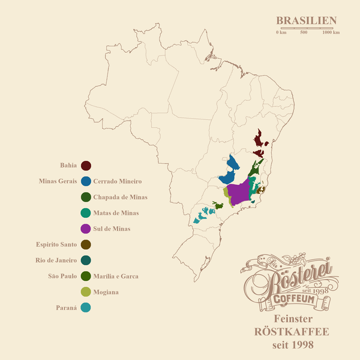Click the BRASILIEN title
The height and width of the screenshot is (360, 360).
point(306,21)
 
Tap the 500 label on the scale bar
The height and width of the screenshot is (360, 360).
point(304,32)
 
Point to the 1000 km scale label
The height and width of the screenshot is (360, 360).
point(331,32)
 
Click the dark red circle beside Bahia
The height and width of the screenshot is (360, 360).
point(86,166)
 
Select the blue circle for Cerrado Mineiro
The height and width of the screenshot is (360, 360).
point(86,181)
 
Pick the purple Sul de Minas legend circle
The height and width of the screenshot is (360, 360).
point(86,229)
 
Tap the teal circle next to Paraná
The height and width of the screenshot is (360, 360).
point(86,308)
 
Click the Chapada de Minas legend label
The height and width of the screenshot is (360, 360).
point(121,197)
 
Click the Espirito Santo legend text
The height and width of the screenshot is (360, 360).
point(56,244)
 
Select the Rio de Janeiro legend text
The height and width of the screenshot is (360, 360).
point(56,260)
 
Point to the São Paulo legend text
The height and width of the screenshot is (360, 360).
point(62,276)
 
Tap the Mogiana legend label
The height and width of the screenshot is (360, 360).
point(106,292)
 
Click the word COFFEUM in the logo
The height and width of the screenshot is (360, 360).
point(286,299)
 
